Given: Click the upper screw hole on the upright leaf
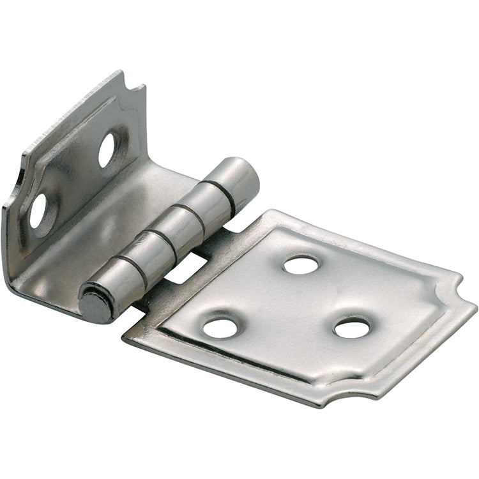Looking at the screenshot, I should (107, 149).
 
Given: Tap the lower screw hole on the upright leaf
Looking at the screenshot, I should (38, 211).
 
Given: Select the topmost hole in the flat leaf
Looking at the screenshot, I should (300, 264).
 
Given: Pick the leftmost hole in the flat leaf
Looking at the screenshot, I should (220, 327).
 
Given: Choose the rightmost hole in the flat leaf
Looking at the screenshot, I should (352, 328).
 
